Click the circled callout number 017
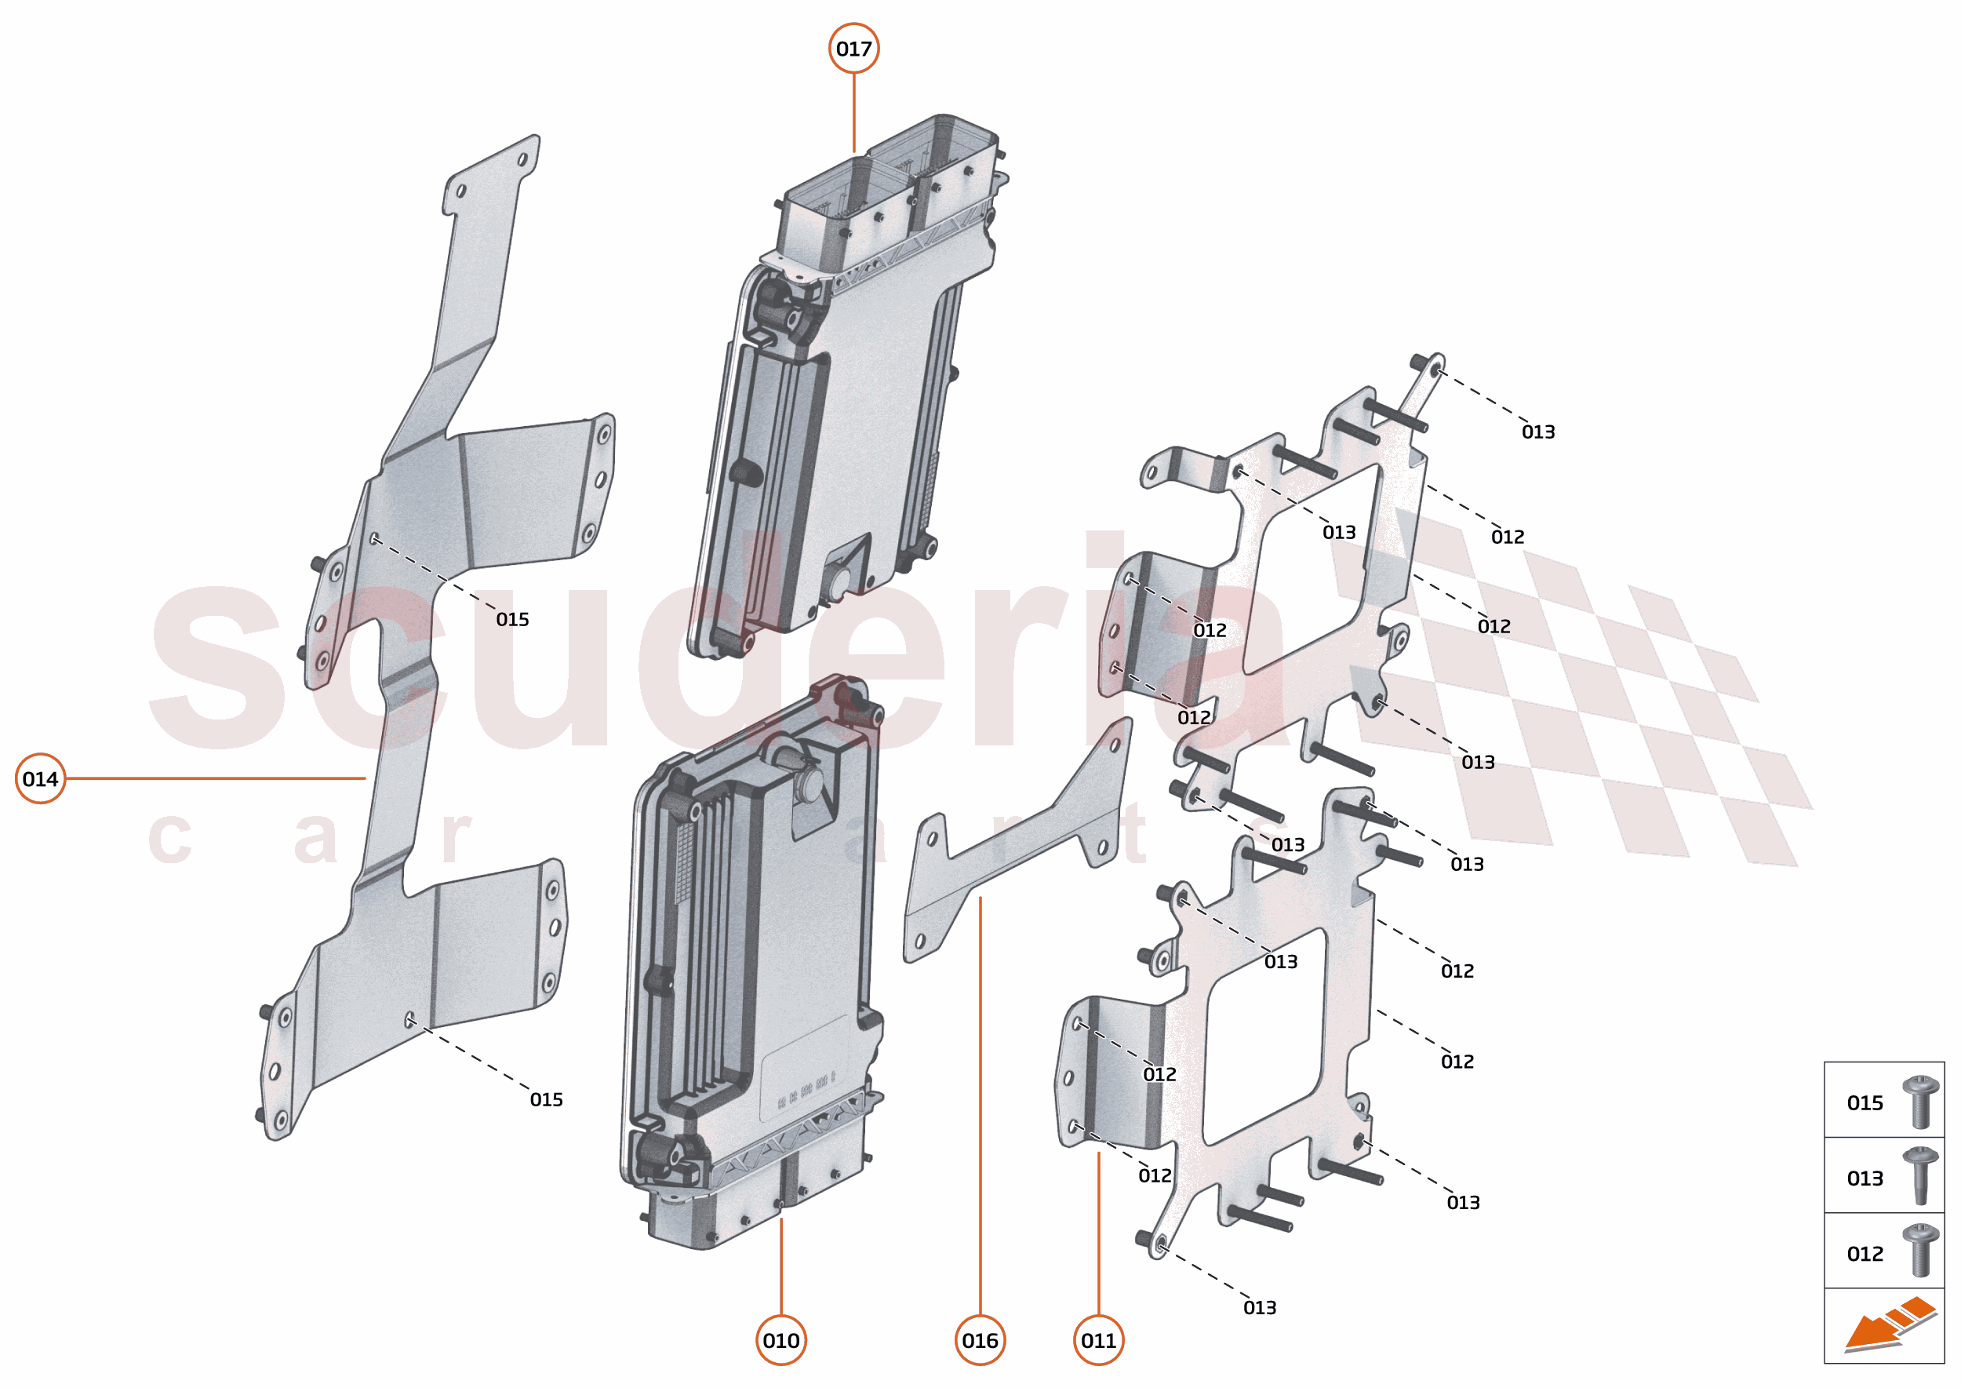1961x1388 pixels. tap(853, 49)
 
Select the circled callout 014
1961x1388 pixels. tap(40, 778)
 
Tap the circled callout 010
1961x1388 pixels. tap(781, 1340)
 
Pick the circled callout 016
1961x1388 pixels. tap(979, 1340)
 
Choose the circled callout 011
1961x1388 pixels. tap(1098, 1340)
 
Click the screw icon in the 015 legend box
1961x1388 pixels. tap(1919, 1102)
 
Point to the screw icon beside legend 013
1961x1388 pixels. tap(1919, 1177)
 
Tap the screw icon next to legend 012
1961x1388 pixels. tap(1919, 1252)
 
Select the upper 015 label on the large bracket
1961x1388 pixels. tap(513, 620)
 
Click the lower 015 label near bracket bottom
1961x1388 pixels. tap(546, 1100)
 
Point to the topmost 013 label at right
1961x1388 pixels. tap(1538, 432)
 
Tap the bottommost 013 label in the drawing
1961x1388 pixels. tap(1260, 1308)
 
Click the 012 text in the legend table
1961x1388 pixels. tap(1865, 1254)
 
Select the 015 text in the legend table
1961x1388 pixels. tap(1865, 1103)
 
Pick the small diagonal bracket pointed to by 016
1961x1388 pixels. tap(1017, 846)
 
